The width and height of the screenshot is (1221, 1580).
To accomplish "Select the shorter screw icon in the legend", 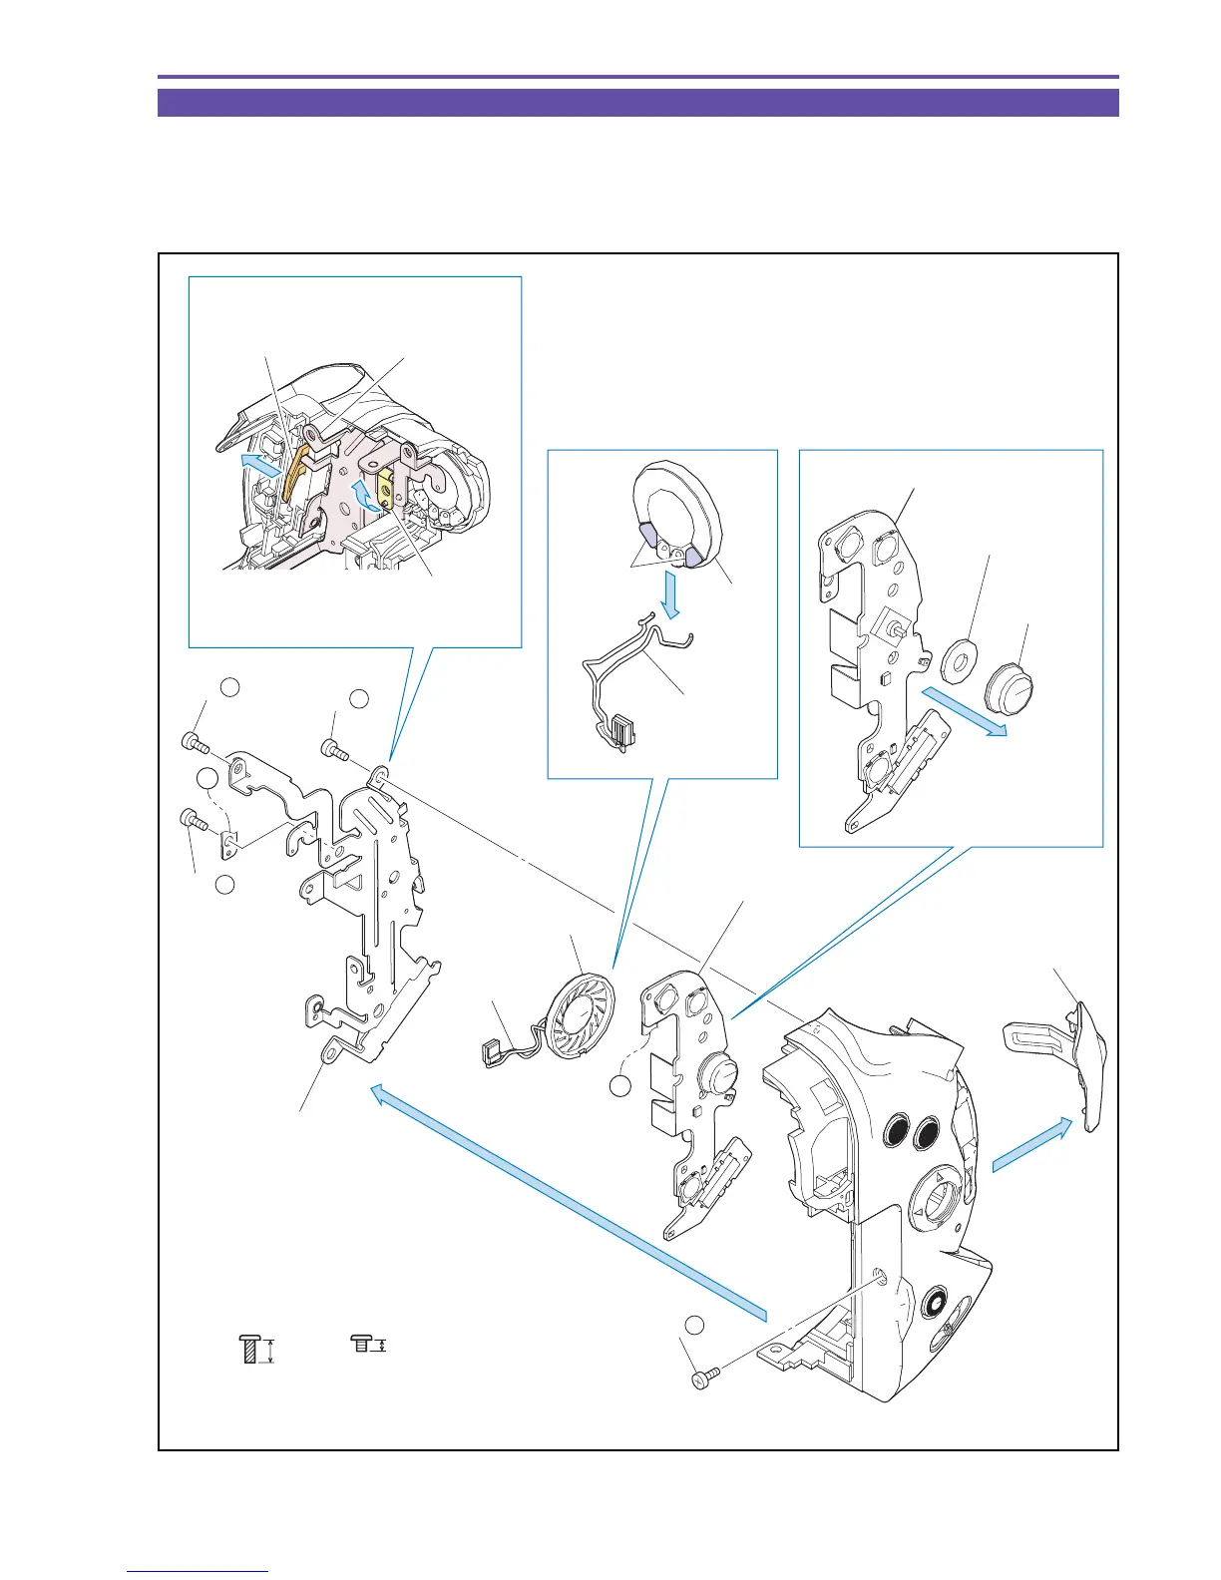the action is pos(361,1346).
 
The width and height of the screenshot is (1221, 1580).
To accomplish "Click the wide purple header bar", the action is pos(637,103).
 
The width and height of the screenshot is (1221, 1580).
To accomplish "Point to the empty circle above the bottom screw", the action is pos(695,1325).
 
